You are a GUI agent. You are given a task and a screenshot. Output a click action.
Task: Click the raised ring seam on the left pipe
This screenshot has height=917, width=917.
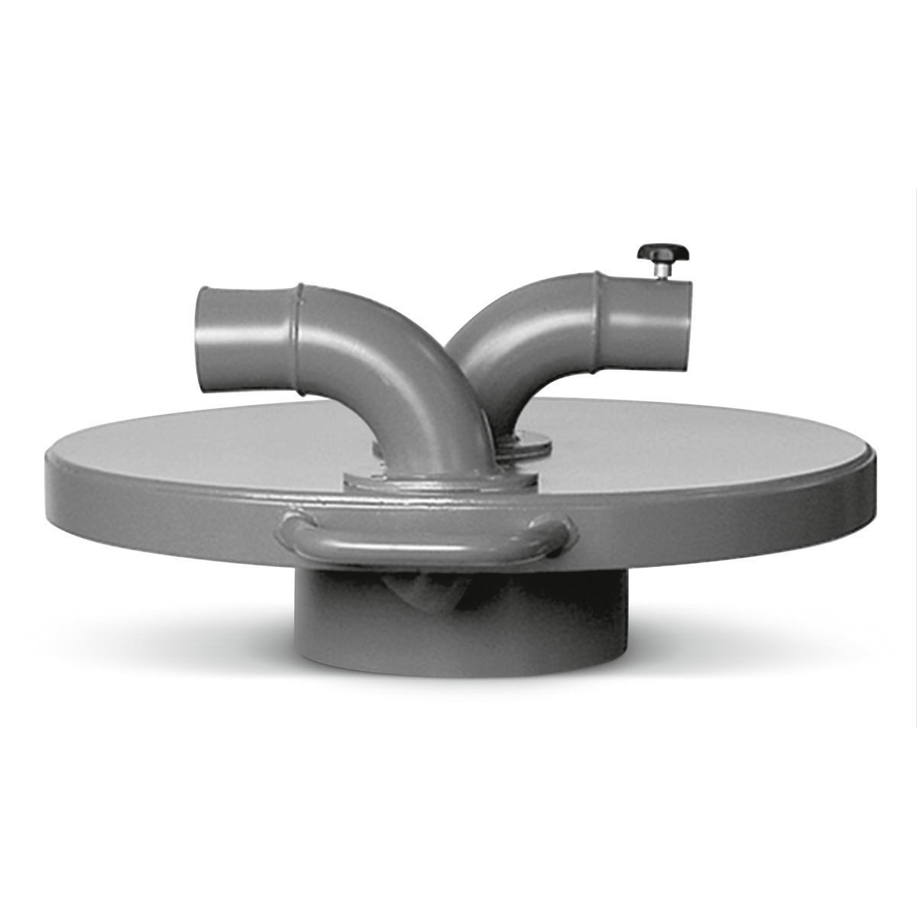point(299,340)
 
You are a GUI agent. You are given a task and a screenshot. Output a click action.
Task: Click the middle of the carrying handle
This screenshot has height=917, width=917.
point(428,544)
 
